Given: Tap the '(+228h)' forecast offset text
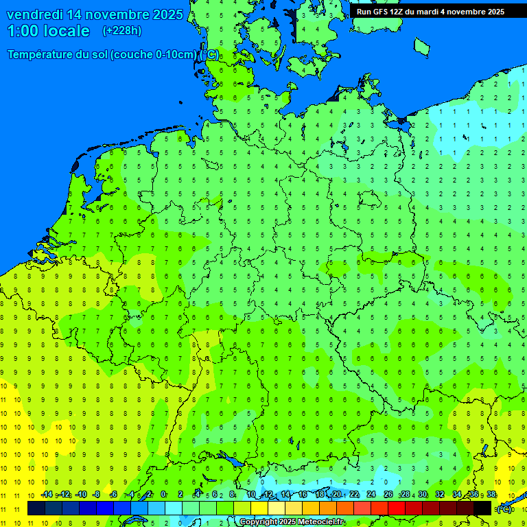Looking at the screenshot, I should click(x=121, y=31).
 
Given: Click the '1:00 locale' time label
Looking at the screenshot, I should click(x=49, y=31).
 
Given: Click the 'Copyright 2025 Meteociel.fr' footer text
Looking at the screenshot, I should click(x=292, y=522).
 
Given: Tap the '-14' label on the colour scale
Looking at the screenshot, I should click(x=47, y=495).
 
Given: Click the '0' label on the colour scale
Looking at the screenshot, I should click(x=163, y=495).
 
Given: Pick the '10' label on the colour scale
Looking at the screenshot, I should click(x=251, y=495).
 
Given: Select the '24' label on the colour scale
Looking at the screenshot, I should click(x=371, y=495).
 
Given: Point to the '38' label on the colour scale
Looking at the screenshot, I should click(x=491, y=495).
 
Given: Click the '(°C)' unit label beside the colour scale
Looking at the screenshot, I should click(x=504, y=508).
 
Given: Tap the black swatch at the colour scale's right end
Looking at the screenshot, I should click(x=482, y=508).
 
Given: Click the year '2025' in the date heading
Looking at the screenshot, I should click(x=165, y=14).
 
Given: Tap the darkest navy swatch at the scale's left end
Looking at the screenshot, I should click(x=36, y=508).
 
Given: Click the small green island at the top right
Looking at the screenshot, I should click(x=421, y=46).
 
